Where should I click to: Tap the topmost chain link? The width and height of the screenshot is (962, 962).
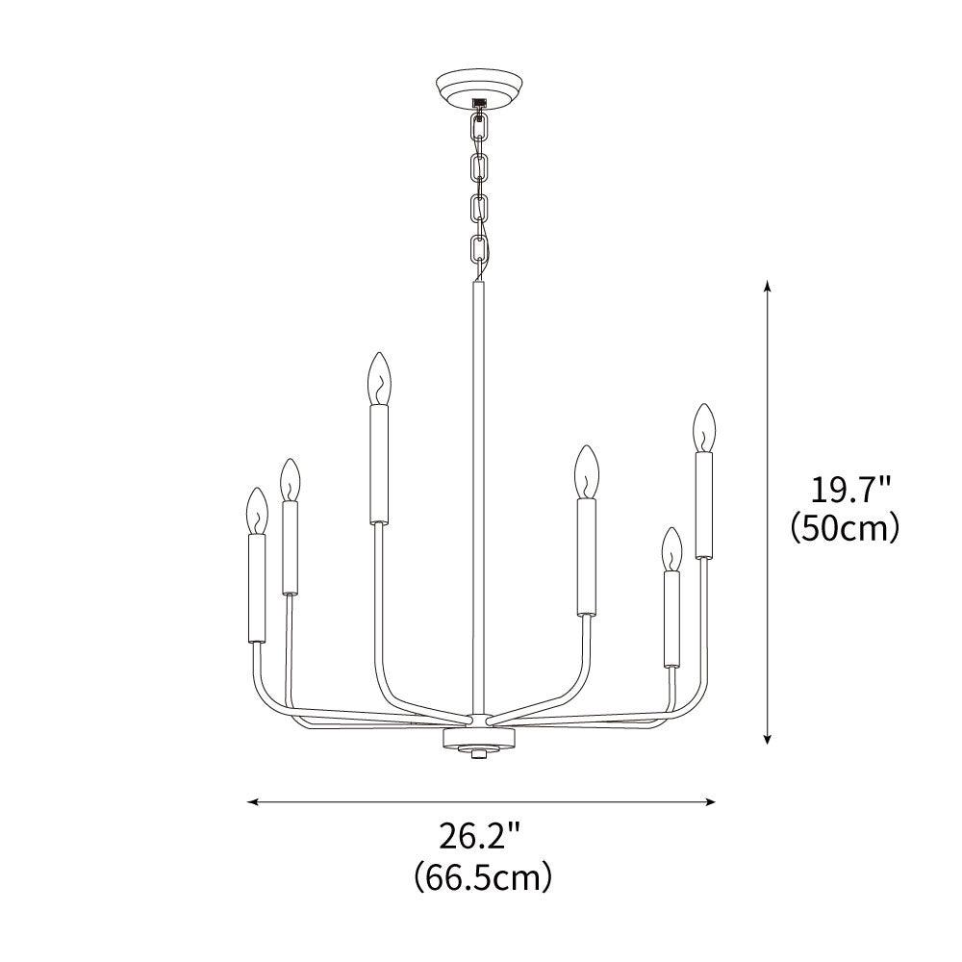(x=479, y=128)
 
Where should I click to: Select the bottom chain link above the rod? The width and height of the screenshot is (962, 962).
(x=479, y=248)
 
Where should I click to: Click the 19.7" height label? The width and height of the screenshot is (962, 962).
(x=849, y=491)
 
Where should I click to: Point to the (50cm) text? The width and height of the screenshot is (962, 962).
(x=845, y=527)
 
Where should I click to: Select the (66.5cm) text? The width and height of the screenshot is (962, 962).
(x=483, y=877)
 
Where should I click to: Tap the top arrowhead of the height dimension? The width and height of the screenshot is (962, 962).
(x=767, y=287)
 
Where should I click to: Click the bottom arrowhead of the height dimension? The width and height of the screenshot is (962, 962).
(x=767, y=738)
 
